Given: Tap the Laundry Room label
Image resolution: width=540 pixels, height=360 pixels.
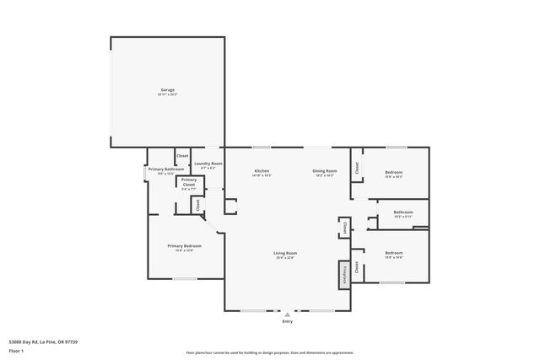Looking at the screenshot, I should tap(208, 164).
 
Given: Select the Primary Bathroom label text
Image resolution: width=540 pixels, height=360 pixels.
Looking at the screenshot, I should tap(166, 170).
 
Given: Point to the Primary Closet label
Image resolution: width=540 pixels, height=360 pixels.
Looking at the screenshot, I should tap(189, 181).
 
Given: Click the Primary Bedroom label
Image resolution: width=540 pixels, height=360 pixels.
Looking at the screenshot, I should tap(184, 247).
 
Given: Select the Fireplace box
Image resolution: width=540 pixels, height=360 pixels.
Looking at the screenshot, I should tap(343, 273).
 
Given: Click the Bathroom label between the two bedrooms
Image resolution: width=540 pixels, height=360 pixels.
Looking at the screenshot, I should tap(402, 212).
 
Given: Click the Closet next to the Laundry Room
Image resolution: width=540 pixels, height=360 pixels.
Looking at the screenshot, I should tap(181, 157).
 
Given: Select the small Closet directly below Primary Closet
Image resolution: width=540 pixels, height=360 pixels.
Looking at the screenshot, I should tap(197, 205).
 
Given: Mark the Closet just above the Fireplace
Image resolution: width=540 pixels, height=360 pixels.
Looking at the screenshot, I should tap(343, 227).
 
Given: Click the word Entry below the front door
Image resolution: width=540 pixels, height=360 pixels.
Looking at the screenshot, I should tap(287, 322).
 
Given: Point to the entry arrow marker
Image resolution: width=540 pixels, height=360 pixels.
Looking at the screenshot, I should tap(287, 314).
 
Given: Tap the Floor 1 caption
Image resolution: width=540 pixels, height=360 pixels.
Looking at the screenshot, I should tap(17, 350).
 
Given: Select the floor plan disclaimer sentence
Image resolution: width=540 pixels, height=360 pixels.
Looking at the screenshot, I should tap(269, 352).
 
